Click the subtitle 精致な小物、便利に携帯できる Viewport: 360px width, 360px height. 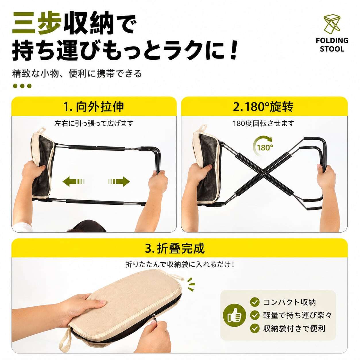point(77,73)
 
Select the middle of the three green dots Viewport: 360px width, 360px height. point(22,86)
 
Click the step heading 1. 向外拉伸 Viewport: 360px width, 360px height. point(94,107)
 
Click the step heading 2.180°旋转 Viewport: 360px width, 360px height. point(263,107)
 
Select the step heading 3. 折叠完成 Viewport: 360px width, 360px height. point(175,248)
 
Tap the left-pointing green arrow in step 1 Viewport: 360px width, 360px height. point(73,181)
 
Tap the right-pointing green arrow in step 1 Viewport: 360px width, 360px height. point(119,181)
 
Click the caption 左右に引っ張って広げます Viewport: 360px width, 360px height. point(94,123)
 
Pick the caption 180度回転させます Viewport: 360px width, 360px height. point(264,123)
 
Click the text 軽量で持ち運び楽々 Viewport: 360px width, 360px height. point(297,315)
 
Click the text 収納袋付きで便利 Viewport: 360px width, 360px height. point(294,328)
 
